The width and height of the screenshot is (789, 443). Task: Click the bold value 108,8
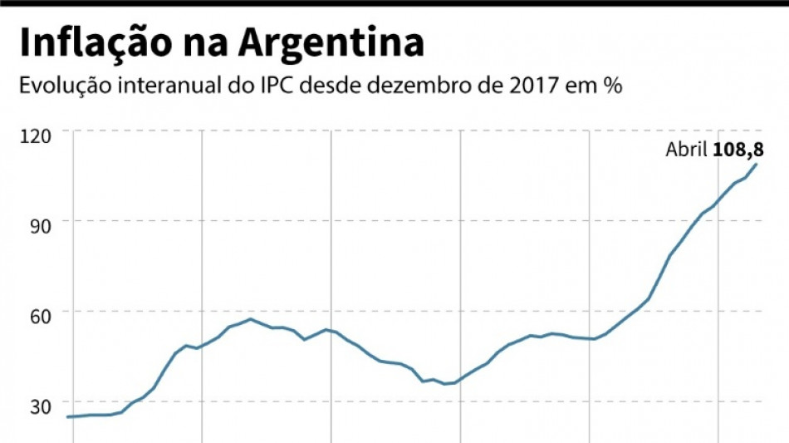738,150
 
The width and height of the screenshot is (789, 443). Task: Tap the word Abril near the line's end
686,150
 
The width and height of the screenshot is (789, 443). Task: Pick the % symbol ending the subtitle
613,86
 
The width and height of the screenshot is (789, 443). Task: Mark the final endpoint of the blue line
757,164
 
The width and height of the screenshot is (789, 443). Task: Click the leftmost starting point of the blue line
67,416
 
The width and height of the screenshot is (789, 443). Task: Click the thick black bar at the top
394,3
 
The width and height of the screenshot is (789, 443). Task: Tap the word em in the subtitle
582,86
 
